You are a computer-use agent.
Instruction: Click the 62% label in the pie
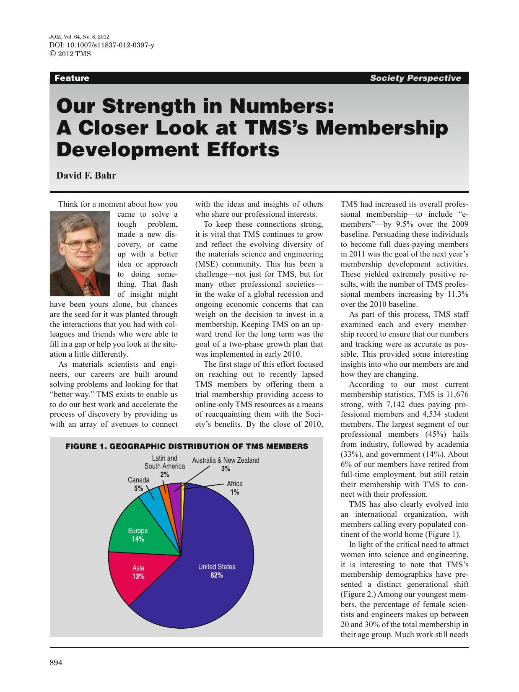pyautogui.click(x=217, y=575)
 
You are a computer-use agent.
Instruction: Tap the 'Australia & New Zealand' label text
pyautogui.click(x=226, y=460)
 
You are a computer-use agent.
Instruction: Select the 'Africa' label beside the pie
pyautogui.click(x=235, y=484)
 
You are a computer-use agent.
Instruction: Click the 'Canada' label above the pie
pyautogui.click(x=138, y=480)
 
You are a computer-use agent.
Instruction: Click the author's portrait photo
pyautogui.click(x=80, y=254)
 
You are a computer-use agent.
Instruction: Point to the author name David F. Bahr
pyautogui.click(x=86, y=176)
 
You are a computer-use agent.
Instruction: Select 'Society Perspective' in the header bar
pyautogui.click(x=415, y=78)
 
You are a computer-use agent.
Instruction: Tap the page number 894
pyautogui.click(x=56, y=663)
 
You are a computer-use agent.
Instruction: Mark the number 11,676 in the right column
pyautogui.click(x=454, y=394)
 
